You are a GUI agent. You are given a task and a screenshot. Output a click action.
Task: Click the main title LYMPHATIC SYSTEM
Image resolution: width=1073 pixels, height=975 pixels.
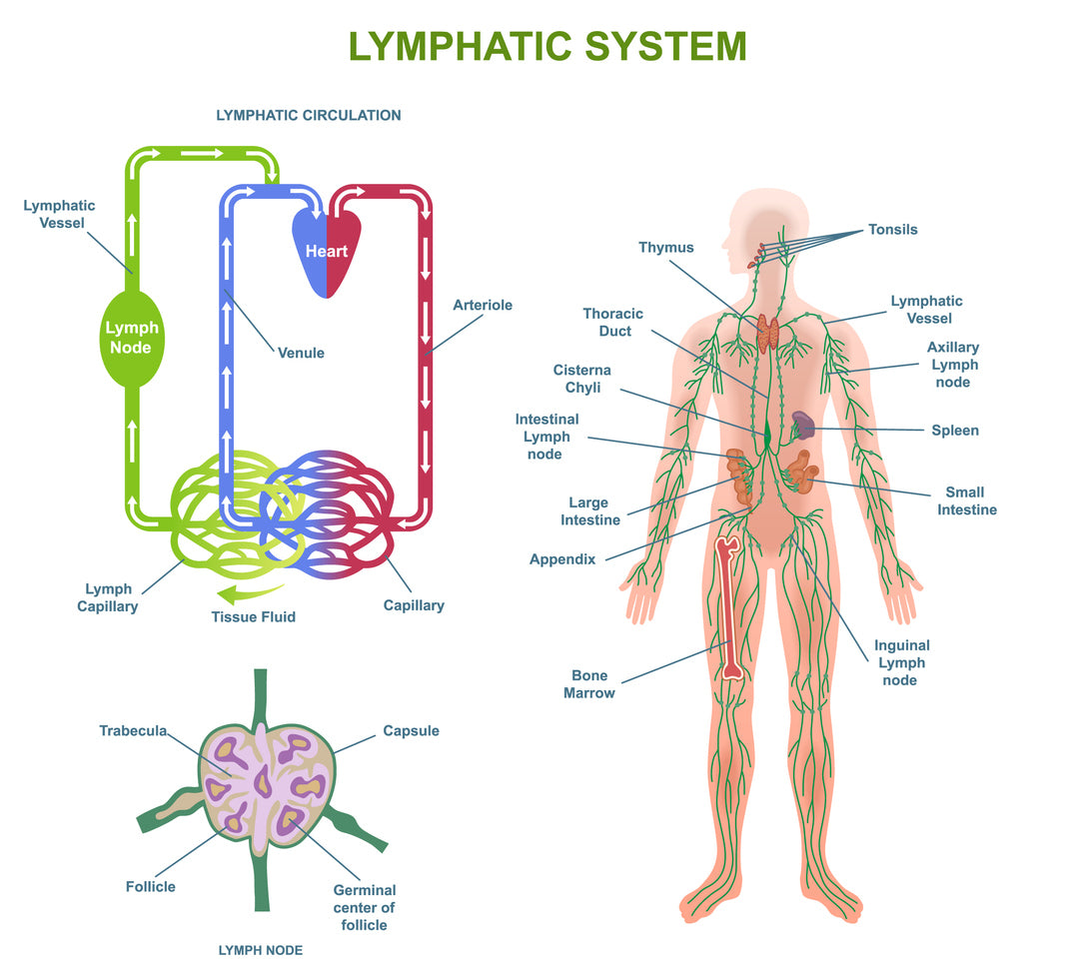546,47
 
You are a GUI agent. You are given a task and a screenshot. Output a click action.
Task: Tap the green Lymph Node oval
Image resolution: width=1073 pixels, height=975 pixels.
131,338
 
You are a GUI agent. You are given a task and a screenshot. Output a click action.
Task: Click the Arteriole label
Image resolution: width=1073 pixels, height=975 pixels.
482,305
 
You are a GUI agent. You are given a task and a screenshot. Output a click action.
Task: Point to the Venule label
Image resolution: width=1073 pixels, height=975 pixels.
301,353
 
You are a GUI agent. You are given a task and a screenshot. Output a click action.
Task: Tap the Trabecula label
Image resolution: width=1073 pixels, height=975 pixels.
133,731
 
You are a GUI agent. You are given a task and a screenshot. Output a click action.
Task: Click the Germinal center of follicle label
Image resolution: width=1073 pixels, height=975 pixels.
364,907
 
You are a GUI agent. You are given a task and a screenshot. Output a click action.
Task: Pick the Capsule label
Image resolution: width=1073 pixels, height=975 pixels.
411,731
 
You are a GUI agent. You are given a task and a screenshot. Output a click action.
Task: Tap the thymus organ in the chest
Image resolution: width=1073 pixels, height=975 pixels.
768,334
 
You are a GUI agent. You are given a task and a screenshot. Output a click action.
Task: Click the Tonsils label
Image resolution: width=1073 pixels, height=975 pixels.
892,230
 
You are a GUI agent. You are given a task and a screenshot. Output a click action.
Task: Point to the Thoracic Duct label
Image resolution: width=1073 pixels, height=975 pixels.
614,322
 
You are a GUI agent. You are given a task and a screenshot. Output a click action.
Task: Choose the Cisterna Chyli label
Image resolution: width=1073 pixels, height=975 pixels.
581,379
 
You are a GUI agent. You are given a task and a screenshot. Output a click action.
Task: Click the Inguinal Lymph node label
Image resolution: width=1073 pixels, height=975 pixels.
901,662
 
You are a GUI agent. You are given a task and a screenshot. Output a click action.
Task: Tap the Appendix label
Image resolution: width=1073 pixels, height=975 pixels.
562,559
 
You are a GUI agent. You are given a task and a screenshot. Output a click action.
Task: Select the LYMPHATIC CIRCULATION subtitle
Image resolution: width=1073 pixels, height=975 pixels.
309,115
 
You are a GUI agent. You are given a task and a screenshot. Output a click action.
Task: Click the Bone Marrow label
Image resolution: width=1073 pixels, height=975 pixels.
588,684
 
